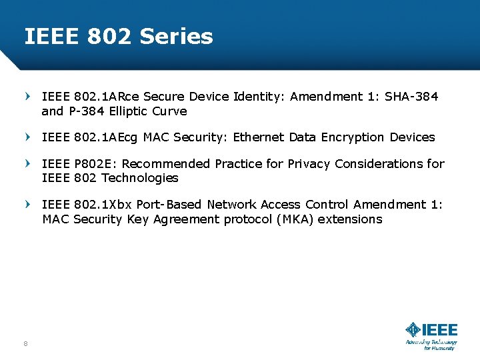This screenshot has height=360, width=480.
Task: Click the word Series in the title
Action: coord(177,36)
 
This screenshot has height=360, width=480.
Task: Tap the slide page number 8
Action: coord(25,343)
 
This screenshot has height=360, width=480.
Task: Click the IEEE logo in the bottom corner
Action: coord(431,330)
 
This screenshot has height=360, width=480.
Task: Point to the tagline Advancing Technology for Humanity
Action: coord(431,345)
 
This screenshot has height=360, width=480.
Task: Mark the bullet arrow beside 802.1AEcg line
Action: coord(27,137)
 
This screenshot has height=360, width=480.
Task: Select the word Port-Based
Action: coord(171,205)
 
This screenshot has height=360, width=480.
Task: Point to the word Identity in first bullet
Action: coord(257,97)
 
